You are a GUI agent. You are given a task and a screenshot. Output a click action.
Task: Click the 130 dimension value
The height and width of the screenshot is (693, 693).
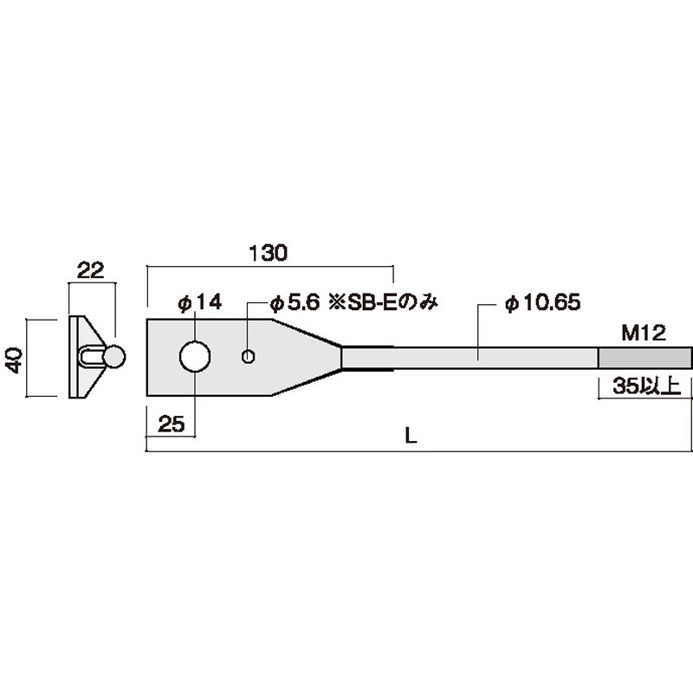click(x=269, y=253)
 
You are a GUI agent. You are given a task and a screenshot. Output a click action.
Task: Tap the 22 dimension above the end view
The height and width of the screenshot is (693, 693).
click(x=91, y=270)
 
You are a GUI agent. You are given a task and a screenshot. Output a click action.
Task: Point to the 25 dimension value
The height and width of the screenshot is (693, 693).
click(x=172, y=424)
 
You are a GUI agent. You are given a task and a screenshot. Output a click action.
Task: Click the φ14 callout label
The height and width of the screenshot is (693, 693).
click(x=200, y=302)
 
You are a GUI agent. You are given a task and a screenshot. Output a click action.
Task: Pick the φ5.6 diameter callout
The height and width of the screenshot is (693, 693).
click(x=295, y=303)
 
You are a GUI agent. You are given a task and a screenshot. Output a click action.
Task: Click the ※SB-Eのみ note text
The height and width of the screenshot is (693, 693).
click(x=383, y=303)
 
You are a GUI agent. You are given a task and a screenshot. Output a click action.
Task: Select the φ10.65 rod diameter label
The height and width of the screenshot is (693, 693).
click(x=543, y=302)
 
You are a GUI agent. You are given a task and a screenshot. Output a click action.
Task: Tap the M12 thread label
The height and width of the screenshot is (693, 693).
click(x=644, y=334)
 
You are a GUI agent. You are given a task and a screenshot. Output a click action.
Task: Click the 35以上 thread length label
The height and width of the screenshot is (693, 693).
click(x=646, y=386)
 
